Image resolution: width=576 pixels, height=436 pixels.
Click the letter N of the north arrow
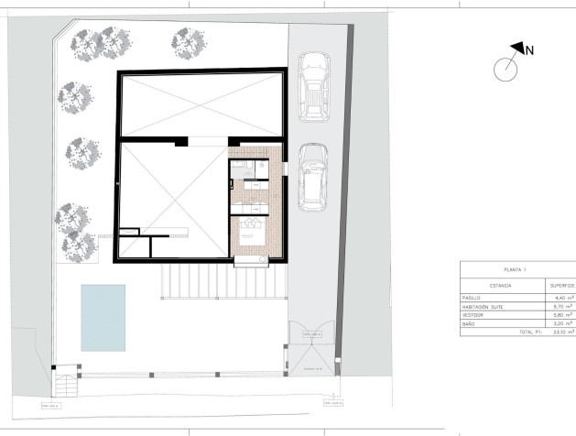tap(530, 50)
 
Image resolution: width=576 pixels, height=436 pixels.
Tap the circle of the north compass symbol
tap(505, 69)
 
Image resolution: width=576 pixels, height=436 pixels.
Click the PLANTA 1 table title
tap(517, 269)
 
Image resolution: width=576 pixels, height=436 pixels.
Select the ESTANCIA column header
tap(501, 286)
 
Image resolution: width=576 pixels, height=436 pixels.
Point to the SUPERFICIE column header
tap(560, 286)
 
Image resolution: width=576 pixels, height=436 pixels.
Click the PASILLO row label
tap(473, 298)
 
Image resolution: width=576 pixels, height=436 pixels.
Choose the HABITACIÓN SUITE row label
tap(485, 306)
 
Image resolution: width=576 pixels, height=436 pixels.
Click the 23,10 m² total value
tap(561, 331)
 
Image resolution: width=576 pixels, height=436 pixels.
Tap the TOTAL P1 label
tap(531, 331)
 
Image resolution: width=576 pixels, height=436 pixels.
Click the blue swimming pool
tap(103, 317)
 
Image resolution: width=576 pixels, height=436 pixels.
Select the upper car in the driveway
tap(313, 87)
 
